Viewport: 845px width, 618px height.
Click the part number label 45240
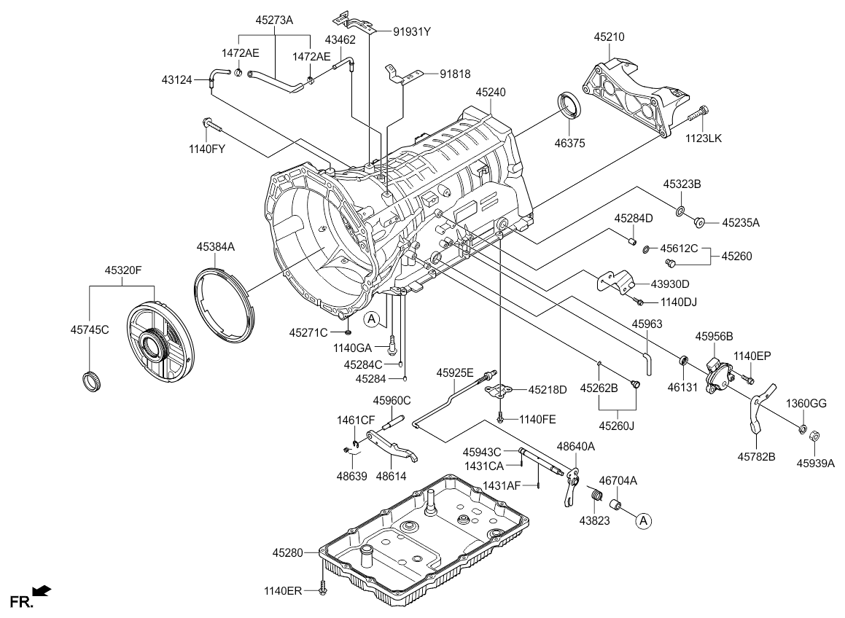point(492,93)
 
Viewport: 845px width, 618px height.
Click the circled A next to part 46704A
point(642,520)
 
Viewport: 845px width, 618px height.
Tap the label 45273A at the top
point(275,21)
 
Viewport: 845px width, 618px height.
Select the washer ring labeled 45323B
point(680,211)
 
